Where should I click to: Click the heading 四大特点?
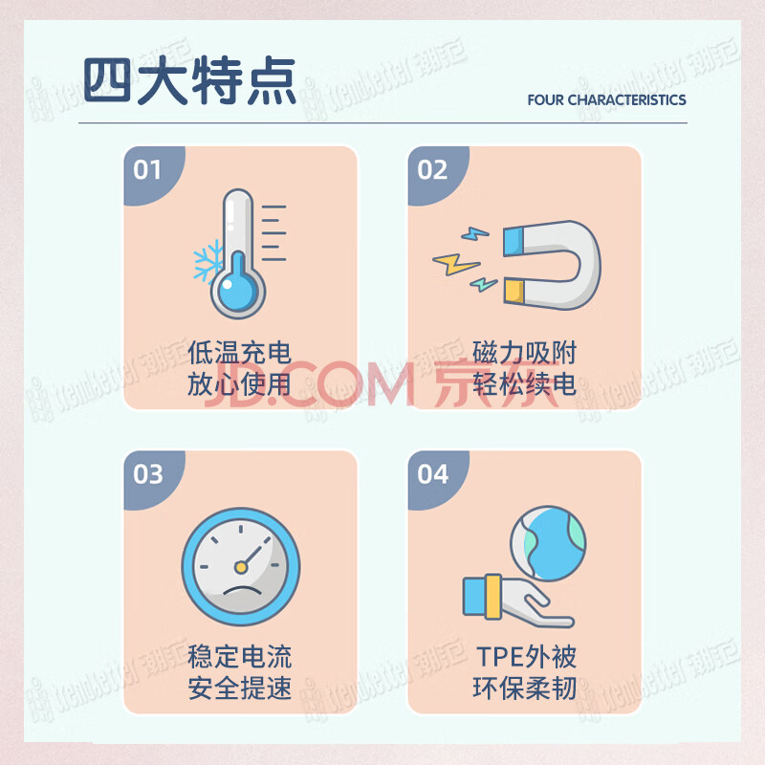point(189,80)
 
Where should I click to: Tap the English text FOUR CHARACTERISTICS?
point(606,100)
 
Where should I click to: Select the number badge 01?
point(147,170)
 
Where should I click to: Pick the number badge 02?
point(432,170)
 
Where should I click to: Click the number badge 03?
point(148,474)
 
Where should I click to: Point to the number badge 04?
point(433,474)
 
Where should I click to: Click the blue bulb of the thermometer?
point(237,289)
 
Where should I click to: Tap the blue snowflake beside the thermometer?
point(208,260)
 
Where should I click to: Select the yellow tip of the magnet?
point(514,291)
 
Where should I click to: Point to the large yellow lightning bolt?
point(456,264)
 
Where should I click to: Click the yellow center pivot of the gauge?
point(241,567)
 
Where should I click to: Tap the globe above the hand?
point(548,543)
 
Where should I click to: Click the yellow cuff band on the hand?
point(493,597)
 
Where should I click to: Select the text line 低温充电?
point(240,353)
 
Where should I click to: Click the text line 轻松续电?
point(524,384)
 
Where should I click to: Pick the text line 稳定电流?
point(240,657)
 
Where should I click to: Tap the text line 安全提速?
point(240,688)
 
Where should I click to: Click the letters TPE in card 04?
point(499,657)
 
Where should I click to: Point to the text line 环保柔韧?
point(524,688)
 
